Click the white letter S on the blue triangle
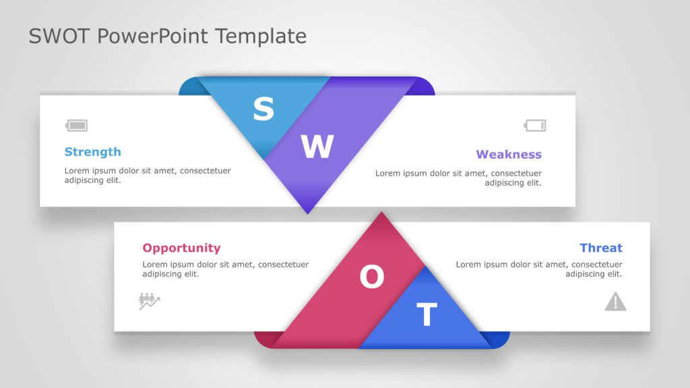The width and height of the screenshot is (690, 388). coord(263,109)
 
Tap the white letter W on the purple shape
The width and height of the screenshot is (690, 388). coord(317,146)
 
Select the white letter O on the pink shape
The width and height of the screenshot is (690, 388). coord(372,277)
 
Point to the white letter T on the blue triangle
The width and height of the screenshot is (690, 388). coord(427,314)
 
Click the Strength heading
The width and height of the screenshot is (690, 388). coord(93,152)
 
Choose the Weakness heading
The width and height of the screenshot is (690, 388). coord(509,154)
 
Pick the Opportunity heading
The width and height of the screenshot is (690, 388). coord(181,248)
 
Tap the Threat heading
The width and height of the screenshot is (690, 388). coord(601,248)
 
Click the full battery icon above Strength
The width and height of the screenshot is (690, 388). coord(77,125)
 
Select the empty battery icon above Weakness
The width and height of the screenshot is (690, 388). coord(535,125)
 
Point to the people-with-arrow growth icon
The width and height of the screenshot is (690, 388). coord(149,301)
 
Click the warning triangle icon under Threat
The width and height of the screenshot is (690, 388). coord(616,301)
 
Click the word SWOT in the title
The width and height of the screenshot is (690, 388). coord(59,36)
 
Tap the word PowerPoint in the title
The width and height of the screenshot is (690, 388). coord(152,37)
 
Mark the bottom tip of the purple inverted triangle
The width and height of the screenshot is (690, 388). coord(308,214)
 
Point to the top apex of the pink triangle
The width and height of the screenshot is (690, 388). coord(381,212)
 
